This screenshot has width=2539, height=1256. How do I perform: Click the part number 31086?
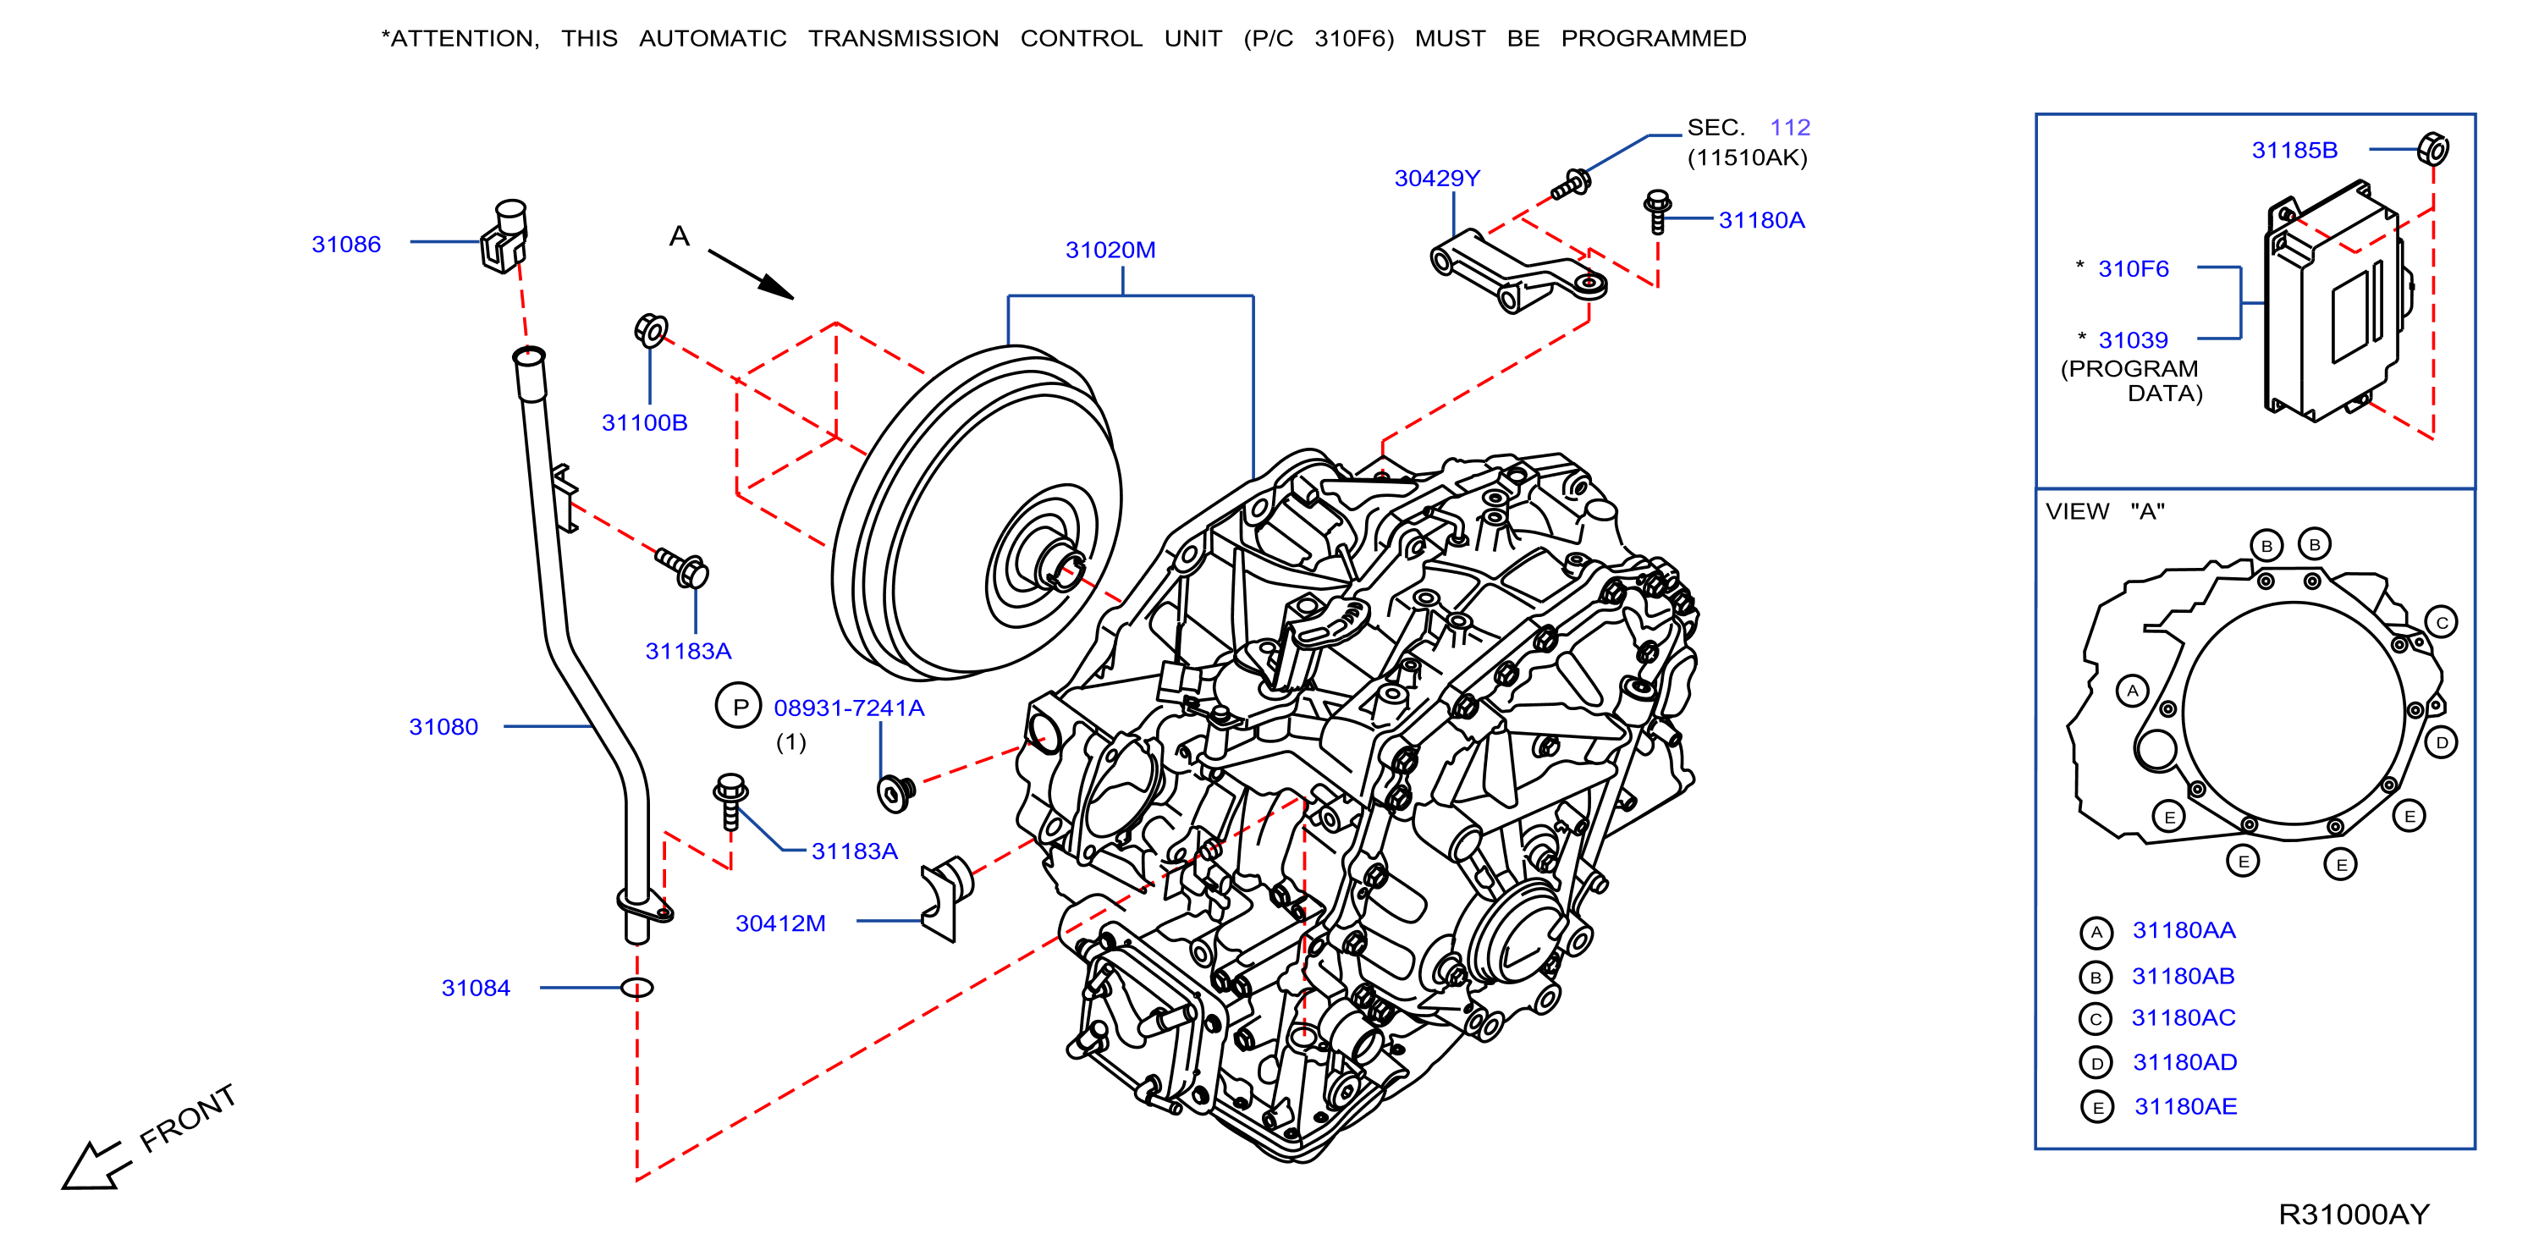tap(346, 245)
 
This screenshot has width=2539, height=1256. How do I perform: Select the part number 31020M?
tap(1110, 251)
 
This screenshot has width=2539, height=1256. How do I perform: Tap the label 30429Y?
tap(1437, 179)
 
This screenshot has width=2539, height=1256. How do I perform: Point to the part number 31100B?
tap(645, 423)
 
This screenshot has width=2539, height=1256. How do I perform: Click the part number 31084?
tap(476, 988)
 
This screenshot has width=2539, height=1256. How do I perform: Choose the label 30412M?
tap(780, 923)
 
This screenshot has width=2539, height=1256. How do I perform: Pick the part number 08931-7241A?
tap(849, 708)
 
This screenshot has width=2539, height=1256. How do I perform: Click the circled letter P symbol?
tap(738, 706)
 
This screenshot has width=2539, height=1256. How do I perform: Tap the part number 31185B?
tap(2294, 151)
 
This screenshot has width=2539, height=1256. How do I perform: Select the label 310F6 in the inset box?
tap(2133, 269)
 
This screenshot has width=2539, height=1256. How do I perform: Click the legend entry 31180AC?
tap(2184, 1017)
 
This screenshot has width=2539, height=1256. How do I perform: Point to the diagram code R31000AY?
tap(2354, 1214)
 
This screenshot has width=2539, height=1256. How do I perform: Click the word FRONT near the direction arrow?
tap(187, 1118)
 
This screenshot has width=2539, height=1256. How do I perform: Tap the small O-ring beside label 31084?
tap(636, 987)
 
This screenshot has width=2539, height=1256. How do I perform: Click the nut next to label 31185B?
tap(2432, 149)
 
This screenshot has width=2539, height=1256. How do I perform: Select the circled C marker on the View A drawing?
tap(2442, 622)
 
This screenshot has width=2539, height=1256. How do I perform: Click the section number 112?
tap(1790, 127)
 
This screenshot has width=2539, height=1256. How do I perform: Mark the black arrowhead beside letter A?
tap(777, 286)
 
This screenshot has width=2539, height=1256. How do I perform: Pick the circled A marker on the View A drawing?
tap(2132, 690)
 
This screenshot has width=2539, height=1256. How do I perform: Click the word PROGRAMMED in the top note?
tap(1653, 38)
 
